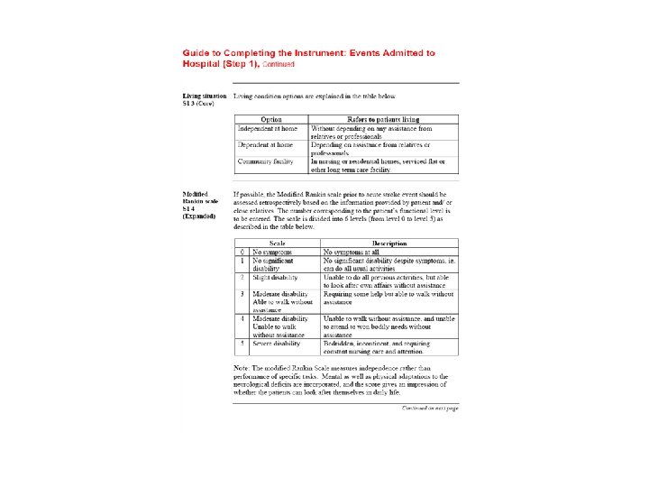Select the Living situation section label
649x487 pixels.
(204, 95)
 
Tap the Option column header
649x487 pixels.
(271, 119)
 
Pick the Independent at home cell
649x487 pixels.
(267, 128)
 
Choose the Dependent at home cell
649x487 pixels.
(265, 144)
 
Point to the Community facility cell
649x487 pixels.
(268, 161)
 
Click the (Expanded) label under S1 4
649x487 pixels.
(199, 216)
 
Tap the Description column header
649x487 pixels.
(389, 243)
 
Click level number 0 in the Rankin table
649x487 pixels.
(242, 252)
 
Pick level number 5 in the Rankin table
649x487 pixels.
(242, 344)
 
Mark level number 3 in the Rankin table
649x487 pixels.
(242, 294)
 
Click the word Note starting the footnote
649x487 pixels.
(242, 368)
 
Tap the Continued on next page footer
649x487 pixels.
(429, 408)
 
